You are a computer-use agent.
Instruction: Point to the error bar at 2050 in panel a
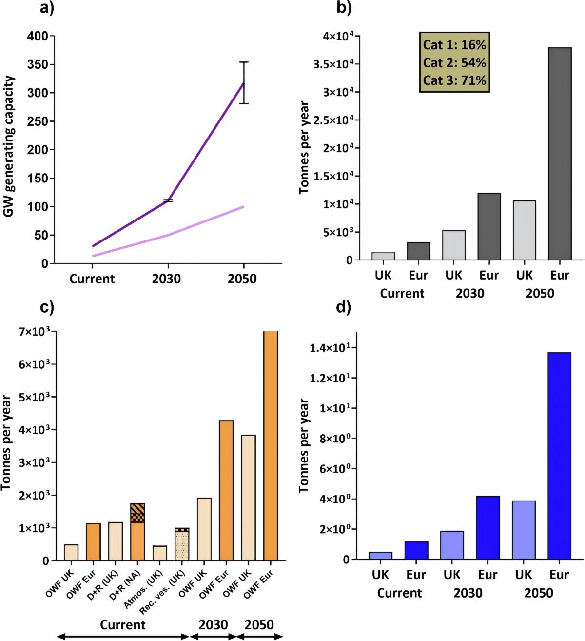click(x=244, y=83)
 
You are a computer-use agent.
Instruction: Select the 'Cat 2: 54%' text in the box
click(x=454, y=62)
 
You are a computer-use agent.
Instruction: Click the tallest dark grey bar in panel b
click(x=560, y=154)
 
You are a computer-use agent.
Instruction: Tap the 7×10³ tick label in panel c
click(x=30, y=332)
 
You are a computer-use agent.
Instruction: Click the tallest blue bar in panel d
click(x=559, y=456)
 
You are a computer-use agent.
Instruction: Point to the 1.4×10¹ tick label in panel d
click(x=328, y=348)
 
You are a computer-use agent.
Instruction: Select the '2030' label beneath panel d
click(x=468, y=593)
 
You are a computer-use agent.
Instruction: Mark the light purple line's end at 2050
click(x=243, y=207)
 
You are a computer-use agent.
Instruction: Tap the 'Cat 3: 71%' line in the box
click(x=454, y=80)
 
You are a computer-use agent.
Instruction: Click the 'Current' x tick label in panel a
click(x=92, y=279)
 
